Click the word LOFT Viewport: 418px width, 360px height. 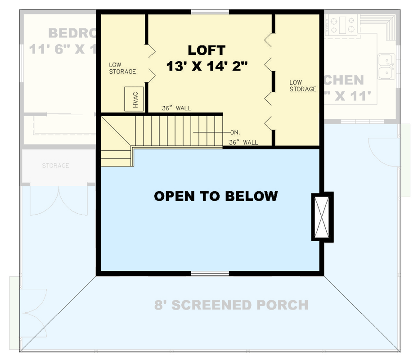point(207,50)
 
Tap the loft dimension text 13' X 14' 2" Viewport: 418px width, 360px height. point(207,66)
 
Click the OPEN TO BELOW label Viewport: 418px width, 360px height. point(216,196)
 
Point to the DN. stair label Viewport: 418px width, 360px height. point(235,132)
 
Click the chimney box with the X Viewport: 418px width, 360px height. point(322,216)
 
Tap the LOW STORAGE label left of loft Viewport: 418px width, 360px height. point(122,68)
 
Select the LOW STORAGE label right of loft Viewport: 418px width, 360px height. point(302,85)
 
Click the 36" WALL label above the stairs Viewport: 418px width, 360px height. point(176,108)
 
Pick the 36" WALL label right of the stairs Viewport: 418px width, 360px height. point(243,143)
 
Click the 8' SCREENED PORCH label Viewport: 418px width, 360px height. point(232,305)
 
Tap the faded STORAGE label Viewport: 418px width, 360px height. point(55,166)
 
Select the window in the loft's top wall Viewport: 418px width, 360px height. point(210,12)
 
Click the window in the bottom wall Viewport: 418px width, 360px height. point(210,273)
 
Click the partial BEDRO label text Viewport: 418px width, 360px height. point(72,33)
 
